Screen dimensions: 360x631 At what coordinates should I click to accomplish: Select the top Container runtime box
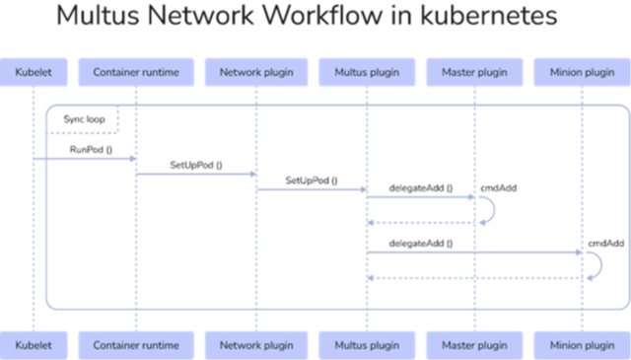pos(135,72)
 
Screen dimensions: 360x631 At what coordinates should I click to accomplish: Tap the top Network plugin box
pos(255,72)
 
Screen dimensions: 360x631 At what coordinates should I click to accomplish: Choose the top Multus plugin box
pos(366,72)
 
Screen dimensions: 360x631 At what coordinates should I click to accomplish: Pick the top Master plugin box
pos(474,72)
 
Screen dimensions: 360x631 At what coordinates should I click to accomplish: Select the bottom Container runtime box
pos(135,344)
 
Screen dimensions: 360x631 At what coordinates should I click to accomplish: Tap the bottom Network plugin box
pos(255,344)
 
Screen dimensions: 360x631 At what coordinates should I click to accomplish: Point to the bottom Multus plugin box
pos(366,344)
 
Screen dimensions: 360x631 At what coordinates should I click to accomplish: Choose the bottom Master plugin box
pos(474,344)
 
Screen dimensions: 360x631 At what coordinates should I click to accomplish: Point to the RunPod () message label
pos(90,149)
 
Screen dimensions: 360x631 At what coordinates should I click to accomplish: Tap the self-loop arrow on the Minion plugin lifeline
pos(596,264)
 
